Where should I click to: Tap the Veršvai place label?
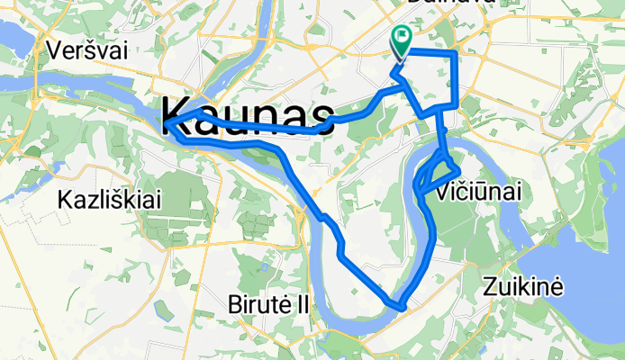(89, 49)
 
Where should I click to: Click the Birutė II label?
(267, 305)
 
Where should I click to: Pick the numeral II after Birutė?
(301, 305)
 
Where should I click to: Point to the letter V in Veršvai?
(59, 49)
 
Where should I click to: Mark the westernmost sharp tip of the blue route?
(166, 120)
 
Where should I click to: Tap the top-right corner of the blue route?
(456, 54)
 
